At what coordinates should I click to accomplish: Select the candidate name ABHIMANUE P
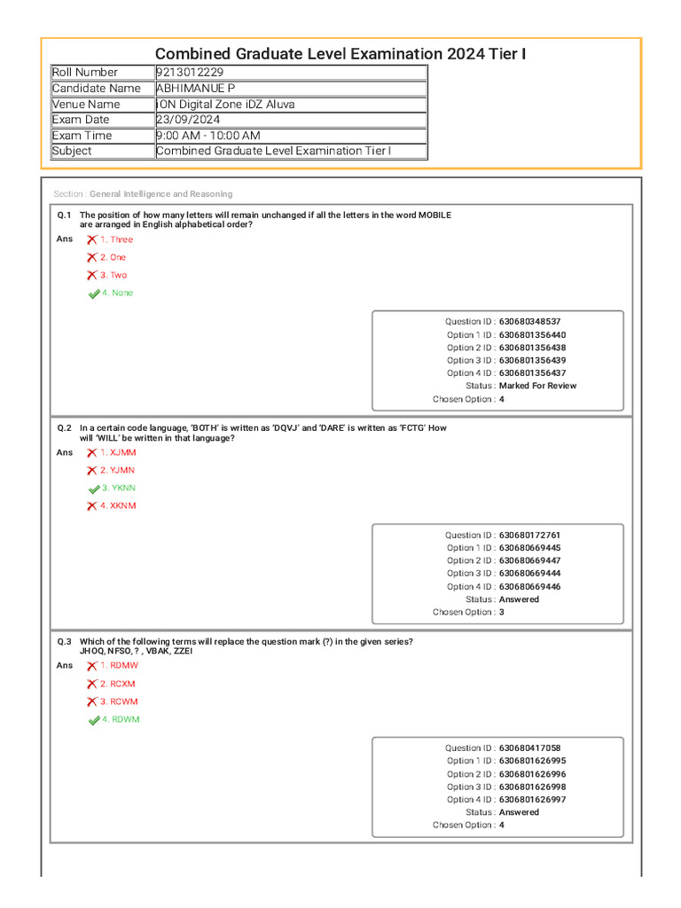click(x=195, y=89)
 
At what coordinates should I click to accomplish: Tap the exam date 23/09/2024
click(x=188, y=120)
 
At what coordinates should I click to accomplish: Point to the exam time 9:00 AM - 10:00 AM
click(x=207, y=136)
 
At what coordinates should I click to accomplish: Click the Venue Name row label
click(x=86, y=105)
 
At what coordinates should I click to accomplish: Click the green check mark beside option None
click(x=94, y=294)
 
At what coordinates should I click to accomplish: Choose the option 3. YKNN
click(x=118, y=489)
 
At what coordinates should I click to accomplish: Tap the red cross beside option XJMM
click(x=92, y=453)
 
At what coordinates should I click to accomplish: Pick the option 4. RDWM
click(x=120, y=720)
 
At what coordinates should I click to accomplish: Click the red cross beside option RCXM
click(x=92, y=685)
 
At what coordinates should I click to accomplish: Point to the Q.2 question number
click(x=65, y=427)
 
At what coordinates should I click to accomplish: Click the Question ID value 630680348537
click(x=529, y=322)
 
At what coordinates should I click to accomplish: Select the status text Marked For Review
click(x=537, y=386)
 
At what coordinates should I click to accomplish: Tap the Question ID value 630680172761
click(x=529, y=536)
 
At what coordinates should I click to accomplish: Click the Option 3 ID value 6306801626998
click(x=532, y=787)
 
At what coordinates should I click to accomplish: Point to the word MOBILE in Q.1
click(x=434, y=215)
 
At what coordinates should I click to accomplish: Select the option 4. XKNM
click(x=118, y=506)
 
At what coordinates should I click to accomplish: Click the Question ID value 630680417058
click(x=529, y=748)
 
